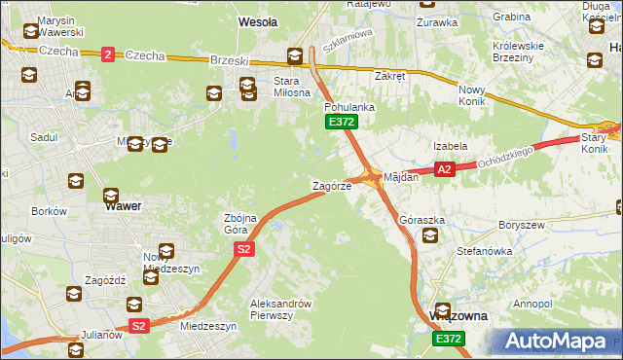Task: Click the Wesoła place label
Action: (258, 20)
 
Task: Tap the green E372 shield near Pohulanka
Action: (342, 122)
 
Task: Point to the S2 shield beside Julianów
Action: (139, 326)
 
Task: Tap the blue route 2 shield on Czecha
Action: (107, 54)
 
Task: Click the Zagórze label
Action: (331, 185)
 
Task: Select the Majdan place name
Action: (401, 178)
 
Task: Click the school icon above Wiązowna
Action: (443, 310)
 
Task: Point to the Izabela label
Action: (451, 146)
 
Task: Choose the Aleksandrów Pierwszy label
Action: (279, 308)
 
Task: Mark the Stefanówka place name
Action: (484, 251)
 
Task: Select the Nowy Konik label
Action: (477, 95)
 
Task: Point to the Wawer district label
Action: (123, 206)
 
